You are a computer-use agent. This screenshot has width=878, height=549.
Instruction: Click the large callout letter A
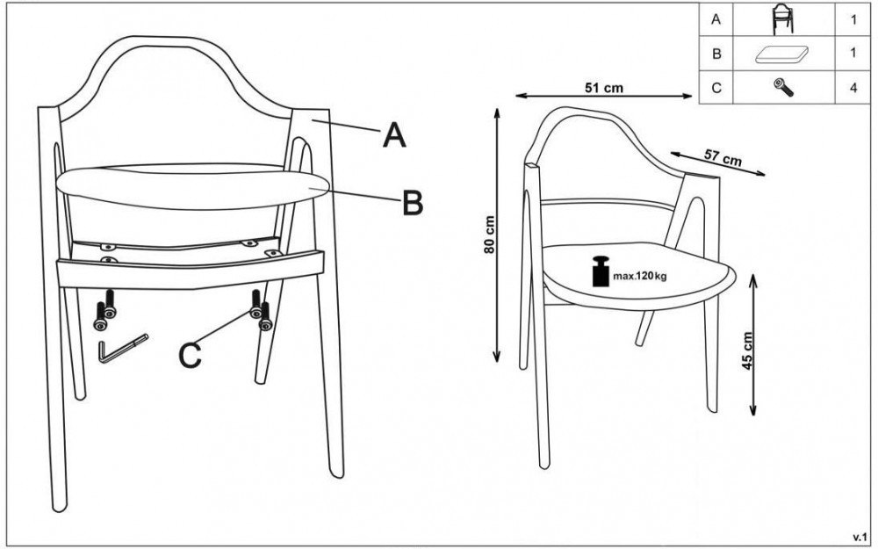point(394,136)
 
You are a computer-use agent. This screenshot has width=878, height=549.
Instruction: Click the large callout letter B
point(413,203)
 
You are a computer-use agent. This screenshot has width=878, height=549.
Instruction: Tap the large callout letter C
point(190,356)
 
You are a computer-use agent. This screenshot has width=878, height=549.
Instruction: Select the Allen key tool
point(123,349)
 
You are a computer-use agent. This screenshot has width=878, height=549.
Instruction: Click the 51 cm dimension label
point(604,88)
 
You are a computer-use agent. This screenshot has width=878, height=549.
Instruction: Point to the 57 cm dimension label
point(723,158)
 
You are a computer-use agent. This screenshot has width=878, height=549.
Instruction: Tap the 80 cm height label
point(490,235)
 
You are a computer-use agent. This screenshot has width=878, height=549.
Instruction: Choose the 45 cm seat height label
point(747,351)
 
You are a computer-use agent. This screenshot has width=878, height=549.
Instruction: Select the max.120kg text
point(640,276)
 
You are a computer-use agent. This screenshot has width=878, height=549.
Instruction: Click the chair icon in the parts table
point(783,19)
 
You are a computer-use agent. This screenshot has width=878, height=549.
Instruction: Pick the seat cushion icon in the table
point(782,54)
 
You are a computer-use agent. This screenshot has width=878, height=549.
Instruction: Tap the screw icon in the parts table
point(783,87)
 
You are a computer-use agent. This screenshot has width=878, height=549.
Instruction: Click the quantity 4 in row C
point(853,88)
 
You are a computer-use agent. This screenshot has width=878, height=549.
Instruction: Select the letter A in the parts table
point(716,19)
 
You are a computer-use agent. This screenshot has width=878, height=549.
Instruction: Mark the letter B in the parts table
point(716,54)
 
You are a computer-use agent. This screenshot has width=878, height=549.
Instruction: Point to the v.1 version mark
point(860,538)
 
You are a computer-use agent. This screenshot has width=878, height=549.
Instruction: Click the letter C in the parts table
point(716,88)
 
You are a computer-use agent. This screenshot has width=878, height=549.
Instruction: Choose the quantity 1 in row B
point(853,54)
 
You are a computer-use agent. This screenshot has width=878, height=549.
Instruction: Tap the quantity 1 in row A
point(853,19)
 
